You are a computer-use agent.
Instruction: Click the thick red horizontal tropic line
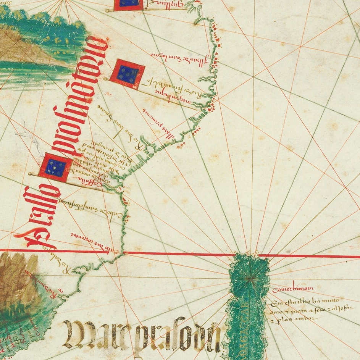[x=179, y=253]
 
